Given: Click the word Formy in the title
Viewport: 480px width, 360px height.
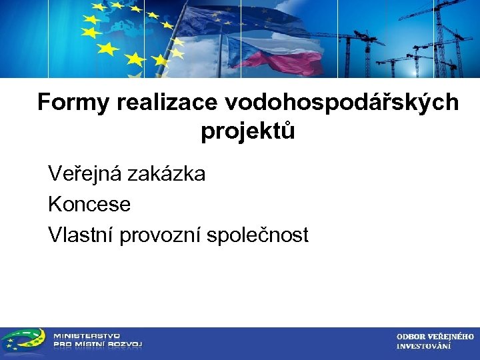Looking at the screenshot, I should click(73, 103).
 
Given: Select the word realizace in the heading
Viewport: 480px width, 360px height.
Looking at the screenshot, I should click(168, 103).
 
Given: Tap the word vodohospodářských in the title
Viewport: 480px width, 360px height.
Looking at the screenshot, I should click(343, 103).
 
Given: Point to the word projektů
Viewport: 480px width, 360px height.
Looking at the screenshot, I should click(248, 131).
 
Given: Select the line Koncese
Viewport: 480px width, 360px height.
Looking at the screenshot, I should click(89, 204).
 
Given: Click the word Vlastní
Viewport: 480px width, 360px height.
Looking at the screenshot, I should click(81, 235).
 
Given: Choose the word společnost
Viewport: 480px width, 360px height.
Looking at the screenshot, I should click(258, 235).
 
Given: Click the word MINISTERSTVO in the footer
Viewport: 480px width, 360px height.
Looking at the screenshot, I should click(87, 336).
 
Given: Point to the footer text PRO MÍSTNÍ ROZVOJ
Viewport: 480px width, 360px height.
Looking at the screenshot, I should click(97, 345).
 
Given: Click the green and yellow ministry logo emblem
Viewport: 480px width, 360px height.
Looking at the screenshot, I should click(23, 341).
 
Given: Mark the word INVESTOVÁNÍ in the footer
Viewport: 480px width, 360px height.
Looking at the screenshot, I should click(423, 346).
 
